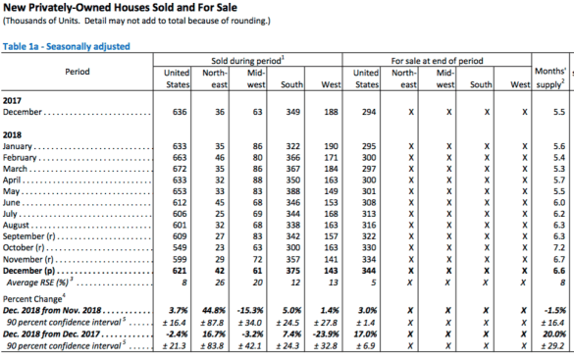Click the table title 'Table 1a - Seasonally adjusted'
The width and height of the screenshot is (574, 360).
tap(67, 46)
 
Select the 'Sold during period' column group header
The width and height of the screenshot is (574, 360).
tap(247, 61)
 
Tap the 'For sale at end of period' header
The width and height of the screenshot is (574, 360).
tap(437, 61)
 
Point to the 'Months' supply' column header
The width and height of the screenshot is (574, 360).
tap(550, 77)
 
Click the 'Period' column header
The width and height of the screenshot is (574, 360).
tap(78, 72)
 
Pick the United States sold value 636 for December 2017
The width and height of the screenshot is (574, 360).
tap(180, 112)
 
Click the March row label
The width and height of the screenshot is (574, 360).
tap(15, 169)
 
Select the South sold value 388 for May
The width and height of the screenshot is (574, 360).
tap(292, 191)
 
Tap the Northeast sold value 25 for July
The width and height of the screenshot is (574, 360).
tap(220, 214)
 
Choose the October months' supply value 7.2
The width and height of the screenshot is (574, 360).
tap(559, 247)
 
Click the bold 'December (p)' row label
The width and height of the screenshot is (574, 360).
tap(28, 271)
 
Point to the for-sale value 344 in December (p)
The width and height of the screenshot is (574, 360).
tap(369, 271)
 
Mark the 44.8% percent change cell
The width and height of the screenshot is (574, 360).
tap(214, 311)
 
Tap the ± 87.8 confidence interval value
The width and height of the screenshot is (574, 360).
tap(212, 323)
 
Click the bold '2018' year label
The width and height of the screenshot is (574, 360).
tap(12, 135)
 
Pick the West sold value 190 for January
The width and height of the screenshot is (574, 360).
tap(331, 146)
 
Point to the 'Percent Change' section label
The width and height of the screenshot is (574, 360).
tap(33, 298)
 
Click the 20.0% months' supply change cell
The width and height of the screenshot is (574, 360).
tap(554, 334)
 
